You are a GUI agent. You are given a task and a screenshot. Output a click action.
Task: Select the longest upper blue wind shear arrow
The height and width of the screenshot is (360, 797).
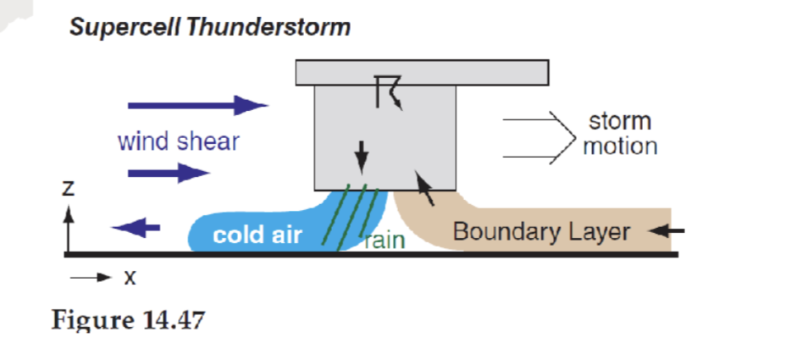tap(196, 106)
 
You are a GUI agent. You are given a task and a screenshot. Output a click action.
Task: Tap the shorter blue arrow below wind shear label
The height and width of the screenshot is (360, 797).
tap(168, 174)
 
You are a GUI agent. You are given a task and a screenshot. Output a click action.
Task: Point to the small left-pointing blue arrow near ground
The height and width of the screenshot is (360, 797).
tap(136, 226)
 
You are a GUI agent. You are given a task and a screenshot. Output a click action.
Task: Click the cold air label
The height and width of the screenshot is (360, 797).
tap(257, 235)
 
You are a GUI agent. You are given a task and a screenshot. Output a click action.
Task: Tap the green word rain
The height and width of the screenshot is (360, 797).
tap(385, 240)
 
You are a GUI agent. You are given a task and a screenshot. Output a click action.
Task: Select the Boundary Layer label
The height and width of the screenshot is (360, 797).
tap(541, 231)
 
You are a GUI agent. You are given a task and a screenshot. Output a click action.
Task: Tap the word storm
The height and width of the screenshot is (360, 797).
tap(619, 120)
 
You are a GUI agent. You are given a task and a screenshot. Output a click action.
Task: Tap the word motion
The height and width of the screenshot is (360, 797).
tap(619, 146)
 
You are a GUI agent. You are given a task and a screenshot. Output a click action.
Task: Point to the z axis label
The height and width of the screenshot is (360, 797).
tap(70, 191)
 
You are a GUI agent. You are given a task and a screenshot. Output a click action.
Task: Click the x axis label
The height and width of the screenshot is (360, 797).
tap(130, 278)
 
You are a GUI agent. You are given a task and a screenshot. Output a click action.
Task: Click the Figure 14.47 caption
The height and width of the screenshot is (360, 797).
tap(129, 321)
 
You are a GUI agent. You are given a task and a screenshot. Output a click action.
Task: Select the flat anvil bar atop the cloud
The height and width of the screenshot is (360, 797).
tap(420, 73)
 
